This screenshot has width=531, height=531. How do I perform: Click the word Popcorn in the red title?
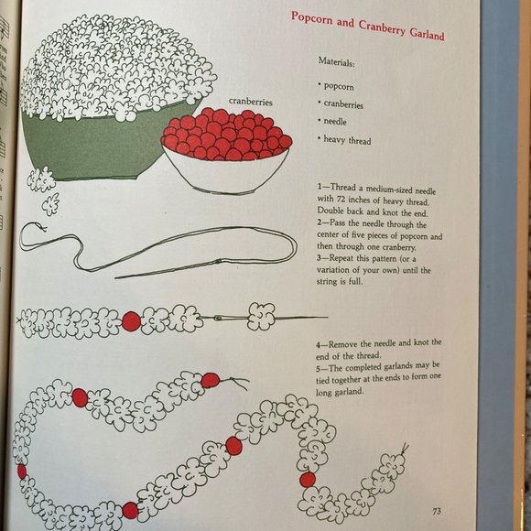pos(312,18)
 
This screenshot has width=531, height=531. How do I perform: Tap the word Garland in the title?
pos(427,34)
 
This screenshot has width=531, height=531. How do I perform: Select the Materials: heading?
pos(336,61)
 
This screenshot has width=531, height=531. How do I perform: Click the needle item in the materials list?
pos(335,121)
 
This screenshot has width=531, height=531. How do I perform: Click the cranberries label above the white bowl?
pos(250,102)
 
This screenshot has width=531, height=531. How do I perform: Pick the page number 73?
pos(437,511)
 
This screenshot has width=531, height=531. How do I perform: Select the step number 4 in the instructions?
pos(319,345)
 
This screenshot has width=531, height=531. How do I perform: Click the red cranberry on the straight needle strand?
pos(131,321)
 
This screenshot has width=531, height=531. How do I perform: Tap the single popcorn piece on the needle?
pos(261,317)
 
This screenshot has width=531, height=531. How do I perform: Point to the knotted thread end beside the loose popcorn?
pos(41,227)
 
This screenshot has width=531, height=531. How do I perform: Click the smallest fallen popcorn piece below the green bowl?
pos(50,204)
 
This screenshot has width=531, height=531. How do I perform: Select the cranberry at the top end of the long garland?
pos(210,380)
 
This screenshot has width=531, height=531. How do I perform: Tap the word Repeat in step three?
pos(342,259)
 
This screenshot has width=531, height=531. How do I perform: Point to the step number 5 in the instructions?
pos(319,368)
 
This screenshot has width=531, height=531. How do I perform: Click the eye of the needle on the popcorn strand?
pos(220,318)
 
